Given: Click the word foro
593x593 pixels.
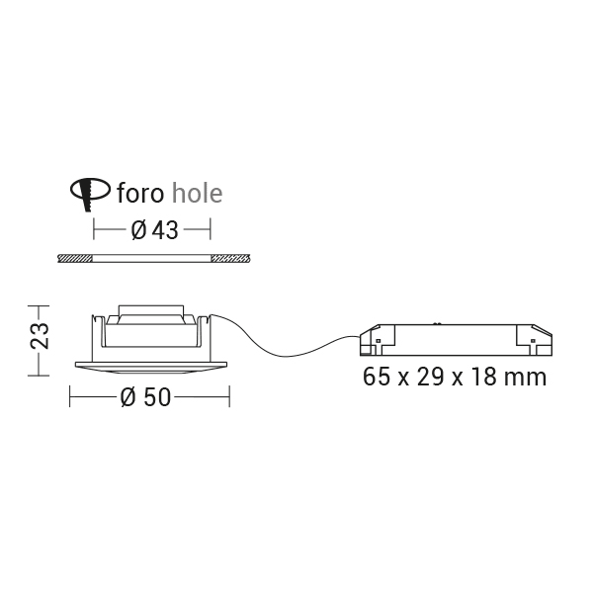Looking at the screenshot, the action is [140, 193].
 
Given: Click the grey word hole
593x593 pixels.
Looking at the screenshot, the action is [197, 193].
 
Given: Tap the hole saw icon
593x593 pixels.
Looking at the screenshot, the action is [90, 194].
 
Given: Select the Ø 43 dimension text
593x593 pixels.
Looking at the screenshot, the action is [154, 230].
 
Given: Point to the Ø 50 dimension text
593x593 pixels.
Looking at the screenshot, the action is [145, 397].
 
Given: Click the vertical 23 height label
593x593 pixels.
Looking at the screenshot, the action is [40, 336].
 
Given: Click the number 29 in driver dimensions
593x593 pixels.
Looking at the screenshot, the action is [430, 378].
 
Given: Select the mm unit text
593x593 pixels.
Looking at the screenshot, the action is [528, 379].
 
